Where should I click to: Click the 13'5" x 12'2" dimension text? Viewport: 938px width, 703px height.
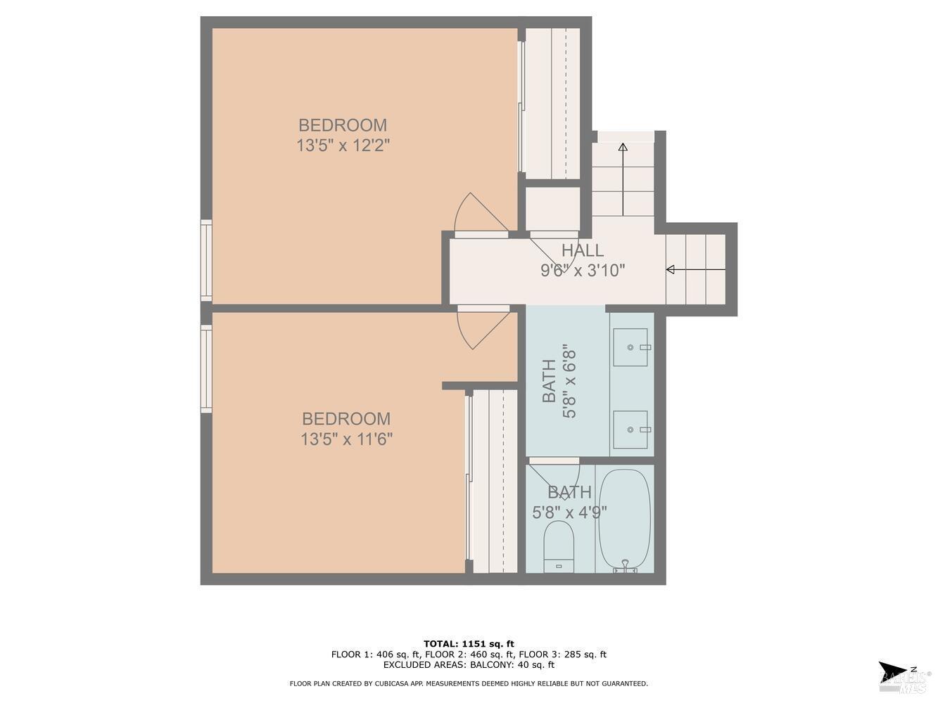[343, 146]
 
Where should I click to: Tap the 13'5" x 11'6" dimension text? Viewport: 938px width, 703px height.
[346, 440]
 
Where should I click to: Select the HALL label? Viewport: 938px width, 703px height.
[582, 250]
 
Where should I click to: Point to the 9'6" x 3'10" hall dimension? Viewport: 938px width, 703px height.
[582, 271]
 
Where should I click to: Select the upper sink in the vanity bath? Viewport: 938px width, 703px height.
[630, 347]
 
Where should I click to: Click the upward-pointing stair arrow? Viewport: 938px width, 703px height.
[623, 179]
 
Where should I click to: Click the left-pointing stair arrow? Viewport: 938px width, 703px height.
[695, 269]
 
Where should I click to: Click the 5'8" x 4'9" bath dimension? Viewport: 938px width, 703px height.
[569, 512]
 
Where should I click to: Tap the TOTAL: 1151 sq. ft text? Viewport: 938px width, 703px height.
[469, 643]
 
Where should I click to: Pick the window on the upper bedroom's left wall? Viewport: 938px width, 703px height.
[206, 259]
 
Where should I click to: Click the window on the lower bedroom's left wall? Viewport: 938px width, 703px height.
[206, 368]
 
